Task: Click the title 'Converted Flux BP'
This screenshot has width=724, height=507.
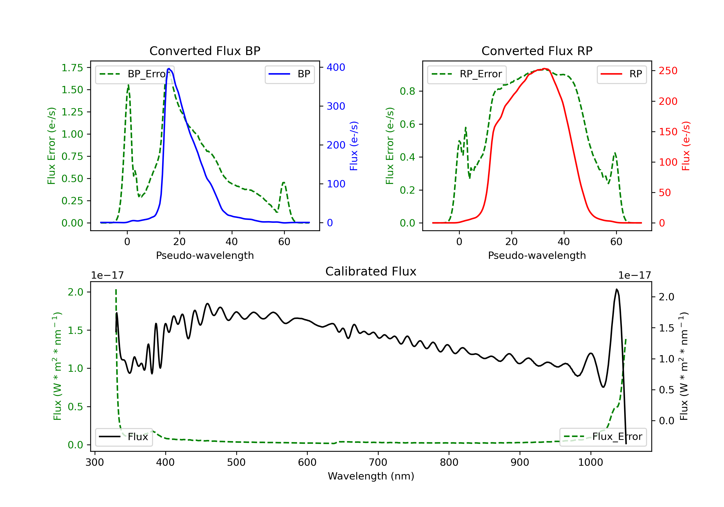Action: (x=205, y=51)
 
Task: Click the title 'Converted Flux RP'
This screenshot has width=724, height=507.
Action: (x=537, y=51)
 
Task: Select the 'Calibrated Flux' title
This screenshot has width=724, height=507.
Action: (x=371, y=271)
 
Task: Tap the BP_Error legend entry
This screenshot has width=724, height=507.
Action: (x=134, y=74)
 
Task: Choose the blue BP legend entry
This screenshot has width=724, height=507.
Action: (x=289, y=74)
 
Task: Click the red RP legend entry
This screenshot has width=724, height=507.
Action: (x=621, y=74)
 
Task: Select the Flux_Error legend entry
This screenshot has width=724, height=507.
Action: (x=603, y=437)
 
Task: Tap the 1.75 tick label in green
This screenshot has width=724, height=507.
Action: (x=72, y=68)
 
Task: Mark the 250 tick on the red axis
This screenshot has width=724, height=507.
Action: (x=668, y=71)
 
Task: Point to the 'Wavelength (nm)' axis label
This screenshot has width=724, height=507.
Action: (x=371, y=476)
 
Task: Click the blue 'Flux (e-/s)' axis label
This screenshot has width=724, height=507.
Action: (x=354, y=146)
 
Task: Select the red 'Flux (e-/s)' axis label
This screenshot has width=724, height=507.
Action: (x=686, y=146)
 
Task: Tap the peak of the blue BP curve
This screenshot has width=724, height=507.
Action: (x=169, y=69)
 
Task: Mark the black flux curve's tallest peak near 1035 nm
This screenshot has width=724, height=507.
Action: (x=616, y=289)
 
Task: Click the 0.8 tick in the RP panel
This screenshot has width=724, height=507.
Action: (x=407, y=91)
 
